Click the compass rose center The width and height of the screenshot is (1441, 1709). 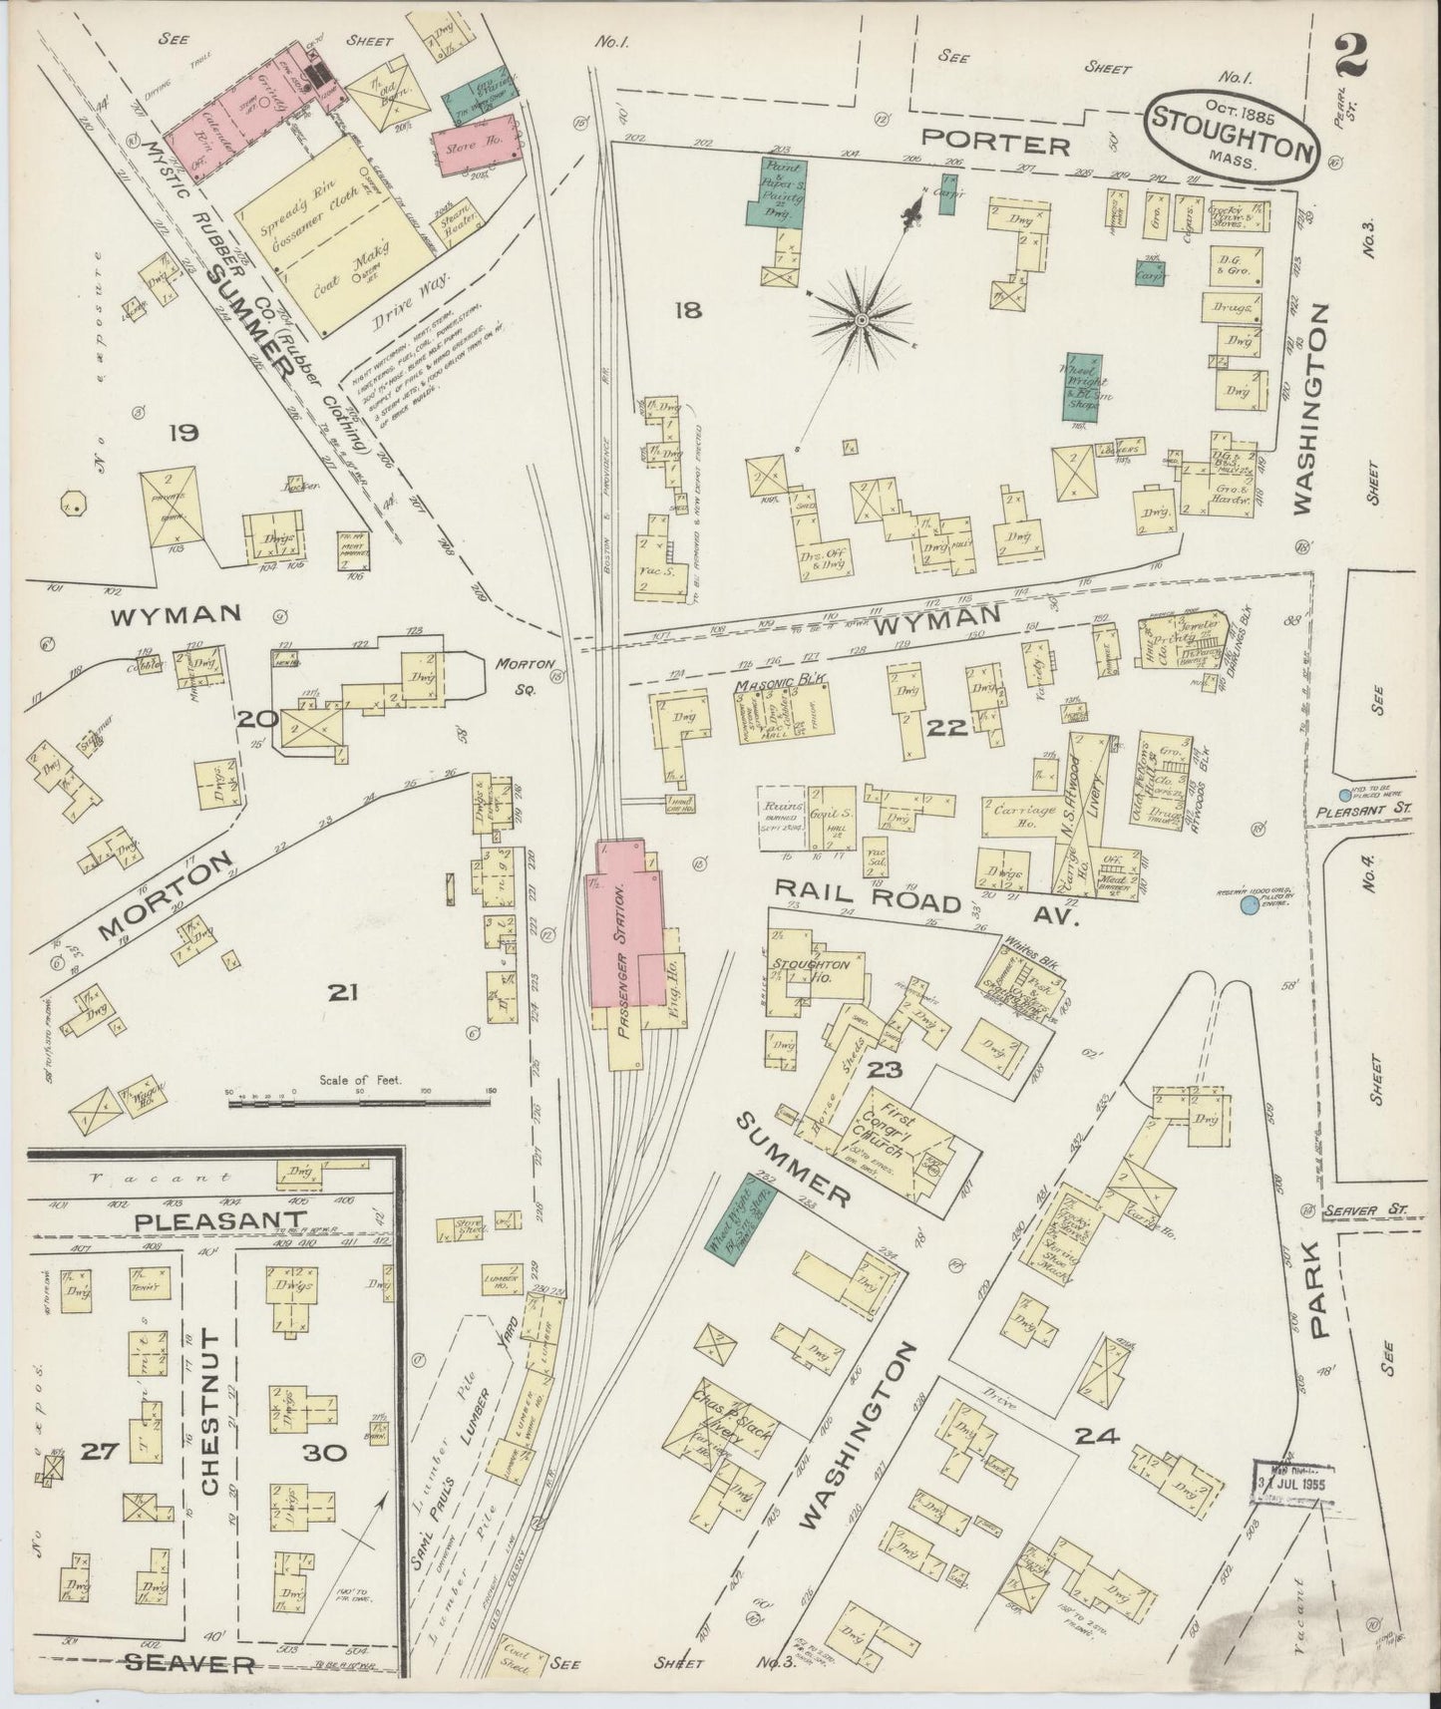click(860, 319)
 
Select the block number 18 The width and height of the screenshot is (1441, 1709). click(687, 311)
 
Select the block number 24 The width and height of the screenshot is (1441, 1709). click(1097, 1437)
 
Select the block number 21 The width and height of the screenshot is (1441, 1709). click(342, 992)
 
